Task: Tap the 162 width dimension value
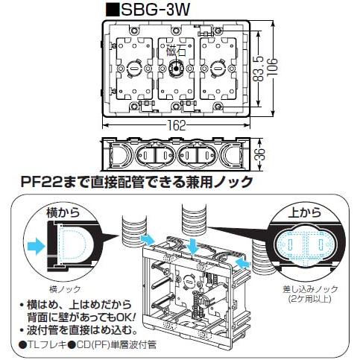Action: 176,126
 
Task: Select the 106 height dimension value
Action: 273,67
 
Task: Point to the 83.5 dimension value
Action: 259,69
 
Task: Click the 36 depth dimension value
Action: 260,154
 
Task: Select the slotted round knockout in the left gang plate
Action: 134,68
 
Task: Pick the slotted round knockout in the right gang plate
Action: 218,68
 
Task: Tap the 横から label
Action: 63,212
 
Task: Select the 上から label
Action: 305,212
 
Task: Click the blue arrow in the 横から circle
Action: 36,246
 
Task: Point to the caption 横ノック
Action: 65,289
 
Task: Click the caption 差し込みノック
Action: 310,289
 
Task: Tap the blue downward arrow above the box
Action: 194,244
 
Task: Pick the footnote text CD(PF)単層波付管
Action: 116,344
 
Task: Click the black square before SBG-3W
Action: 112,10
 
